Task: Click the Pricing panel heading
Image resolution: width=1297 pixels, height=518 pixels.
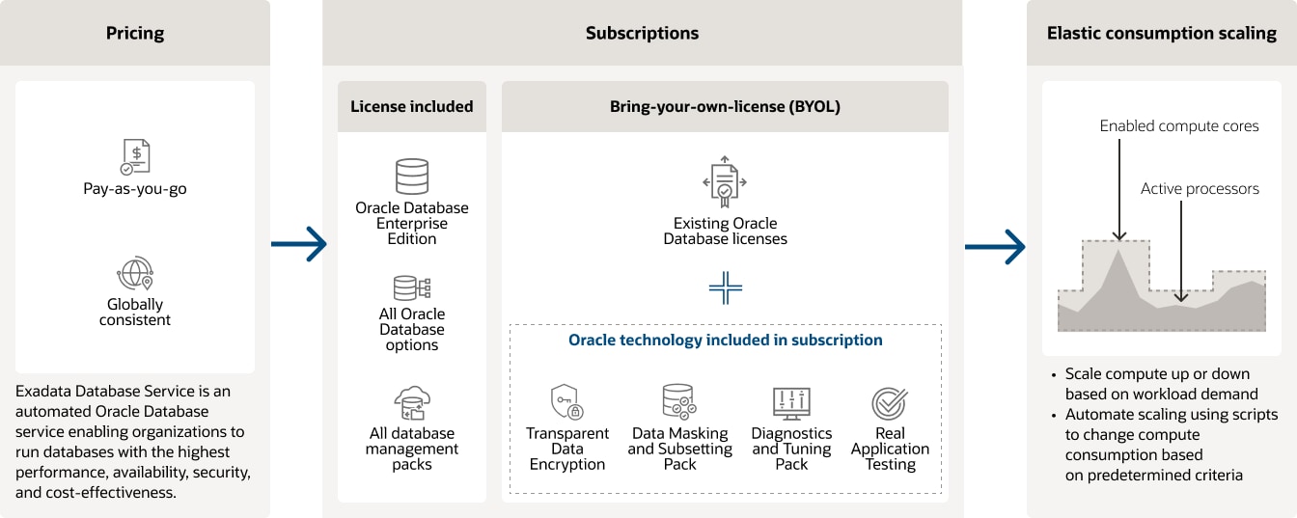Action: point(135,33)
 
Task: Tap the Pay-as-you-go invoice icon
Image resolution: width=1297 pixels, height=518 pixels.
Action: point(135,156)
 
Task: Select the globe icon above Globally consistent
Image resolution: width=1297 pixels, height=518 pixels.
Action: point(135,273)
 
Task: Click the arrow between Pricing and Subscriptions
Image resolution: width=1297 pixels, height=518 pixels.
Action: point(299,246)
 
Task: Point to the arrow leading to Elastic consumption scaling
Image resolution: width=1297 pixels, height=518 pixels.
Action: point(995,246)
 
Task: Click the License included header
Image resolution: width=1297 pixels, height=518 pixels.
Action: point(412,106)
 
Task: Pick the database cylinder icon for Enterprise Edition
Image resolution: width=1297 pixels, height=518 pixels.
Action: point(412,177)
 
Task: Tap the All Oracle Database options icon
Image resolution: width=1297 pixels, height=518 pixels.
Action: point(412,287)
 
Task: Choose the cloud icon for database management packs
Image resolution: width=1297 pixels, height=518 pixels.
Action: point(412,403)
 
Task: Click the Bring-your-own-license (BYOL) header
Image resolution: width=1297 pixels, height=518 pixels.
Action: point(725,106)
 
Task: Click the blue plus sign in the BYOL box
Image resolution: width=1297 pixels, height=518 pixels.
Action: point(725,287)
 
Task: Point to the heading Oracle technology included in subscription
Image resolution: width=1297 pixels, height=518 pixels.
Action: point(725,340)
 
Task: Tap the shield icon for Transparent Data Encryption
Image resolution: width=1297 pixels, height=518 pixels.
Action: point(566,401)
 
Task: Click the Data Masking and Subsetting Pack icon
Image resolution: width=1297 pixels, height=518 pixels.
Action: point(678,401)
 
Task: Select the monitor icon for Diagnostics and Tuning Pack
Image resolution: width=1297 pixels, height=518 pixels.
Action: point(791,402)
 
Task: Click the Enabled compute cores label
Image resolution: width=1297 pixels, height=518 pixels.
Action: point(1178,126)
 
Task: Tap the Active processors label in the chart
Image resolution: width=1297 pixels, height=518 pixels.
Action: point(1200,189)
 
